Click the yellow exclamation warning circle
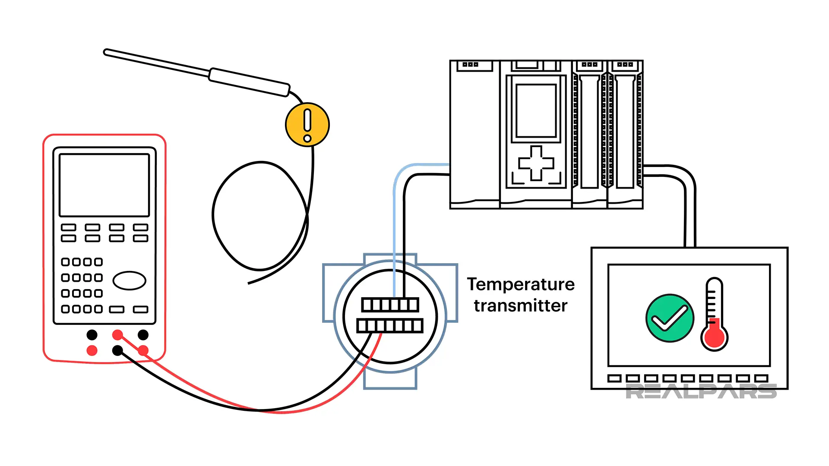(307, 125)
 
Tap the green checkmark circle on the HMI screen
(670, 318)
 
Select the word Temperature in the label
(521, 285)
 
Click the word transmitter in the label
(520, 306)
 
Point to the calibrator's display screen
(104, 185)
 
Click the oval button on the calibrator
(129, 280)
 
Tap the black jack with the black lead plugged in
(117, 350)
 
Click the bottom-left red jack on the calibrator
(92, 350)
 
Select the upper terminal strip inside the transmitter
(390, 305)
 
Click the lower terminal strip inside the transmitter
(389, 325)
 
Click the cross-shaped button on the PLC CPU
(536, 163)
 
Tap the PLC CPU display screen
(536, 110)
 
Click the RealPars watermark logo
(701, 392)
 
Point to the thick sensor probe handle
(249, 82)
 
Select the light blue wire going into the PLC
(395, 216)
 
